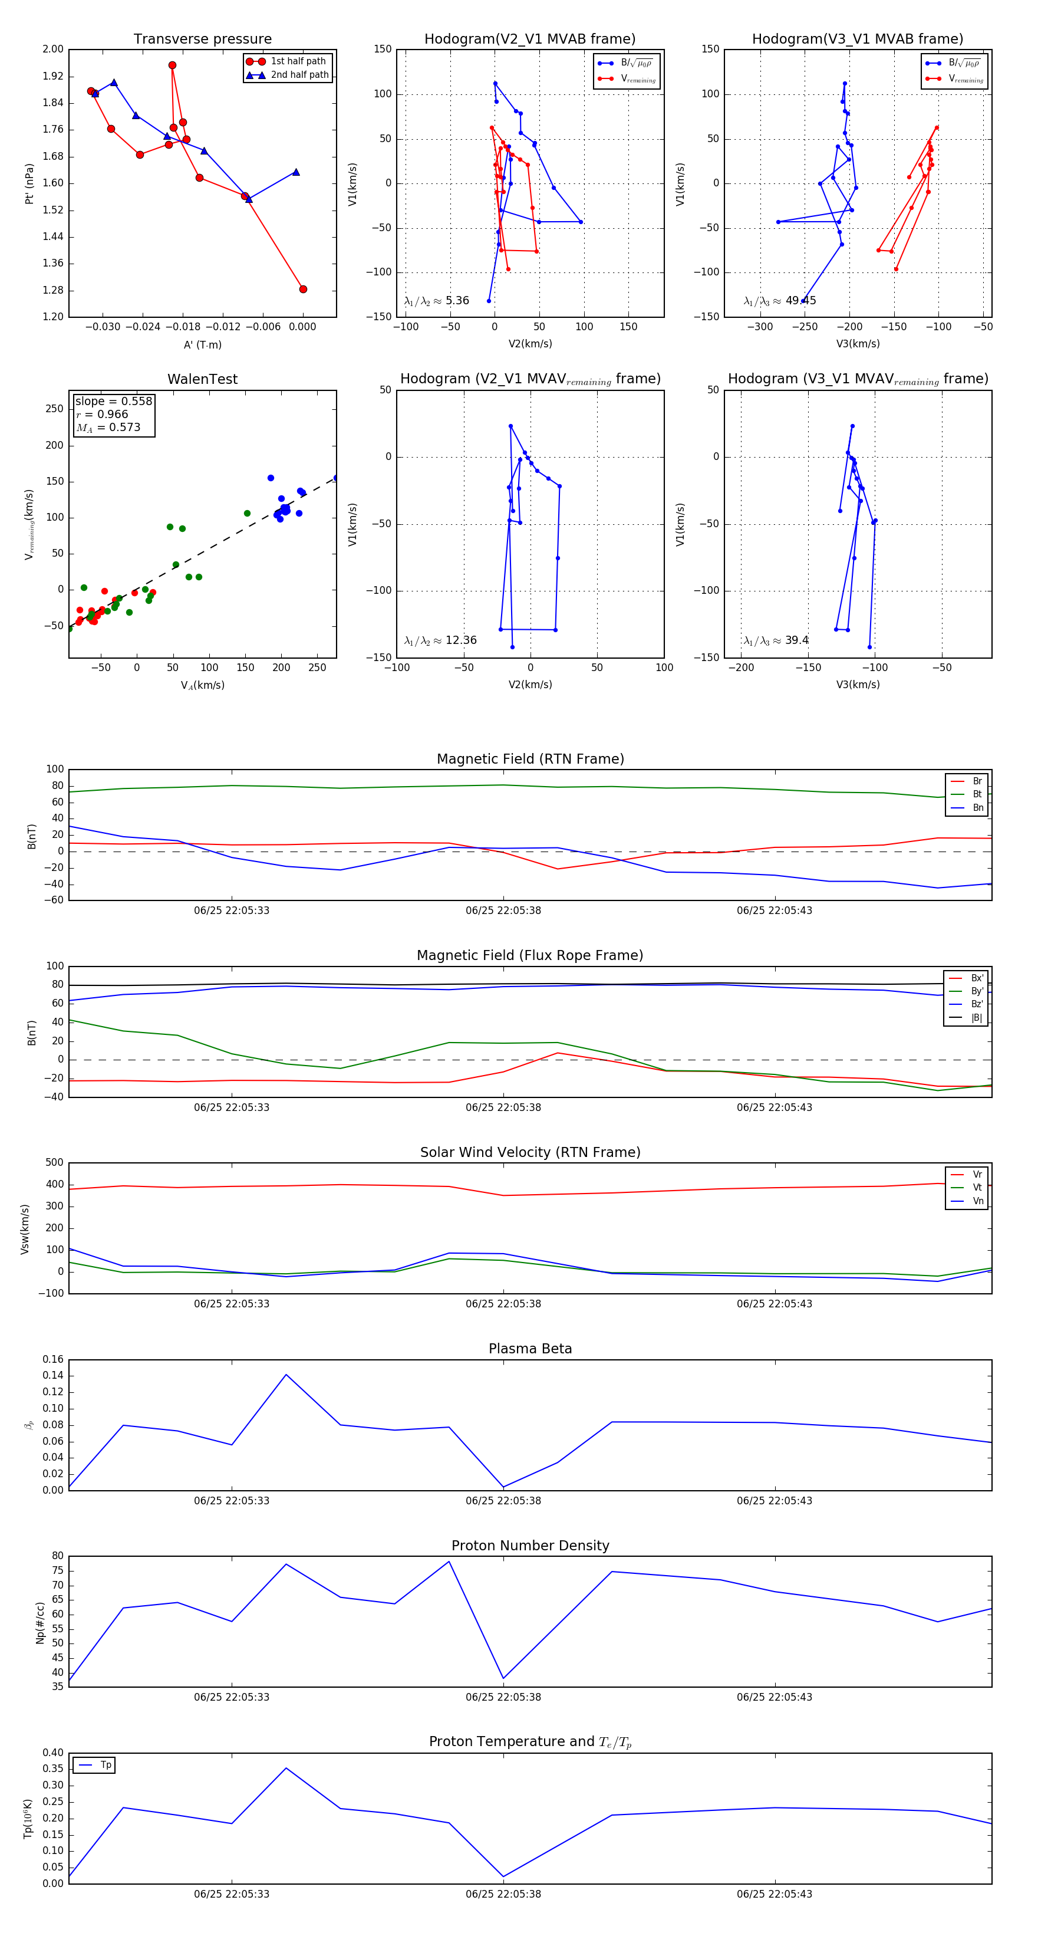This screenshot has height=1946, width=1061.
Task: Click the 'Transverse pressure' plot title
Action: tap(202, 40)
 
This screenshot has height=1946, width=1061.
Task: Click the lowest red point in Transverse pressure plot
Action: tap(303, 290)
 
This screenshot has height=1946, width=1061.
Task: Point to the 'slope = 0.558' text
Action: tap(113, 401)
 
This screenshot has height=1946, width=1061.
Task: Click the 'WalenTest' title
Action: tap(202, 379)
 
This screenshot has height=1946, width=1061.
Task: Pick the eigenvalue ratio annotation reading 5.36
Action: tap(436, 301)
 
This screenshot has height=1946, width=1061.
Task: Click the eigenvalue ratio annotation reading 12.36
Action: tap(440, 640)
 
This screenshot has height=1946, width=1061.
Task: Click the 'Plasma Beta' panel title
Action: tap(530, 1349)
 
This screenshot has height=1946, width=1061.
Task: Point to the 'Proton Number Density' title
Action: tap(530, 1546)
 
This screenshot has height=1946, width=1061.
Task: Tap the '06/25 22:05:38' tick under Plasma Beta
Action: tap(503, 1501)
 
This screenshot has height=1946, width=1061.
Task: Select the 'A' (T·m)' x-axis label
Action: tap(202, 344)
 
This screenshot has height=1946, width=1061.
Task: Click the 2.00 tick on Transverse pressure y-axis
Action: tap(53, 49)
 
